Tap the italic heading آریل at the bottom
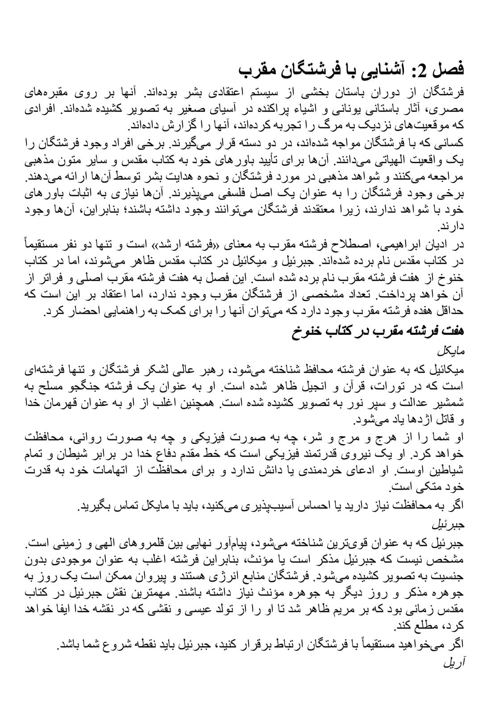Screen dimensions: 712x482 (454, 663)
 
